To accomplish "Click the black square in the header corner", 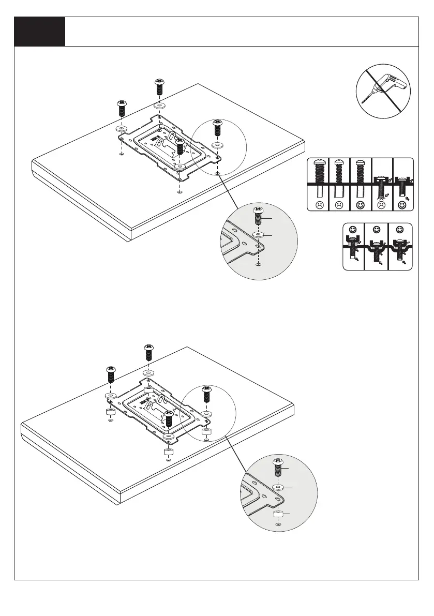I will tap(40, 32).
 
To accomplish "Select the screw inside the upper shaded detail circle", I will tap(258, 216).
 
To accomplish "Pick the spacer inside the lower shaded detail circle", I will tap(278, 514).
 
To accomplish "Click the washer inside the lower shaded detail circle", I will tap(278, 488).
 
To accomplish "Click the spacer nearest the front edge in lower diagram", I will tap(168, 452).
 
